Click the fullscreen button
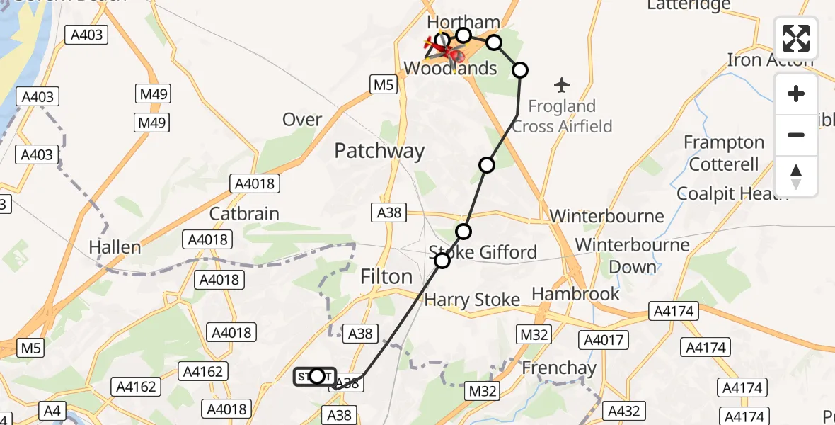click(796, 38)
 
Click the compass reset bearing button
click(796, 176)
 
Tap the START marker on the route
click(316, 376)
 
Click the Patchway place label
click(379, 151)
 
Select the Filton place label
click(386, 276)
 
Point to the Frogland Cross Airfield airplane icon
click(563, 86)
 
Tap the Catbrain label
click(244, 213)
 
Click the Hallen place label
click(115, 247)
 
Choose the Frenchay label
click(559, 368)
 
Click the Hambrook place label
click(575, 293)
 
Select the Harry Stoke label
click(472, 300)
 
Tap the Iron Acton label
click(770, 59)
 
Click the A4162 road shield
click(203, 371)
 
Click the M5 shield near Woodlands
click(383, 85)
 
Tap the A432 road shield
click(623, 411)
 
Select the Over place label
click(302, 119)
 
